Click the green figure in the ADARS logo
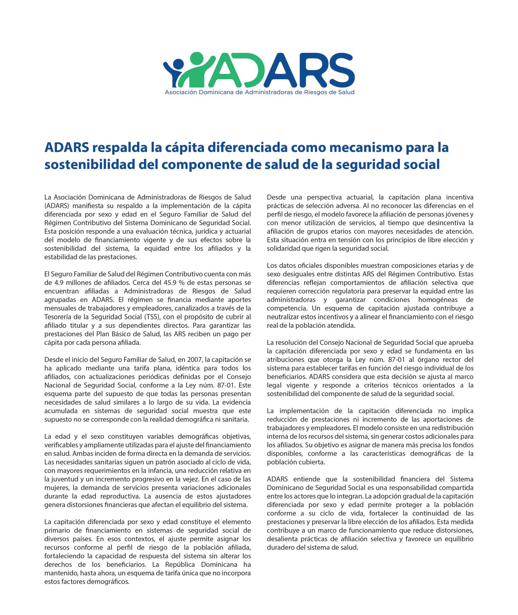pos(198,69)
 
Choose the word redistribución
pos(452,428)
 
